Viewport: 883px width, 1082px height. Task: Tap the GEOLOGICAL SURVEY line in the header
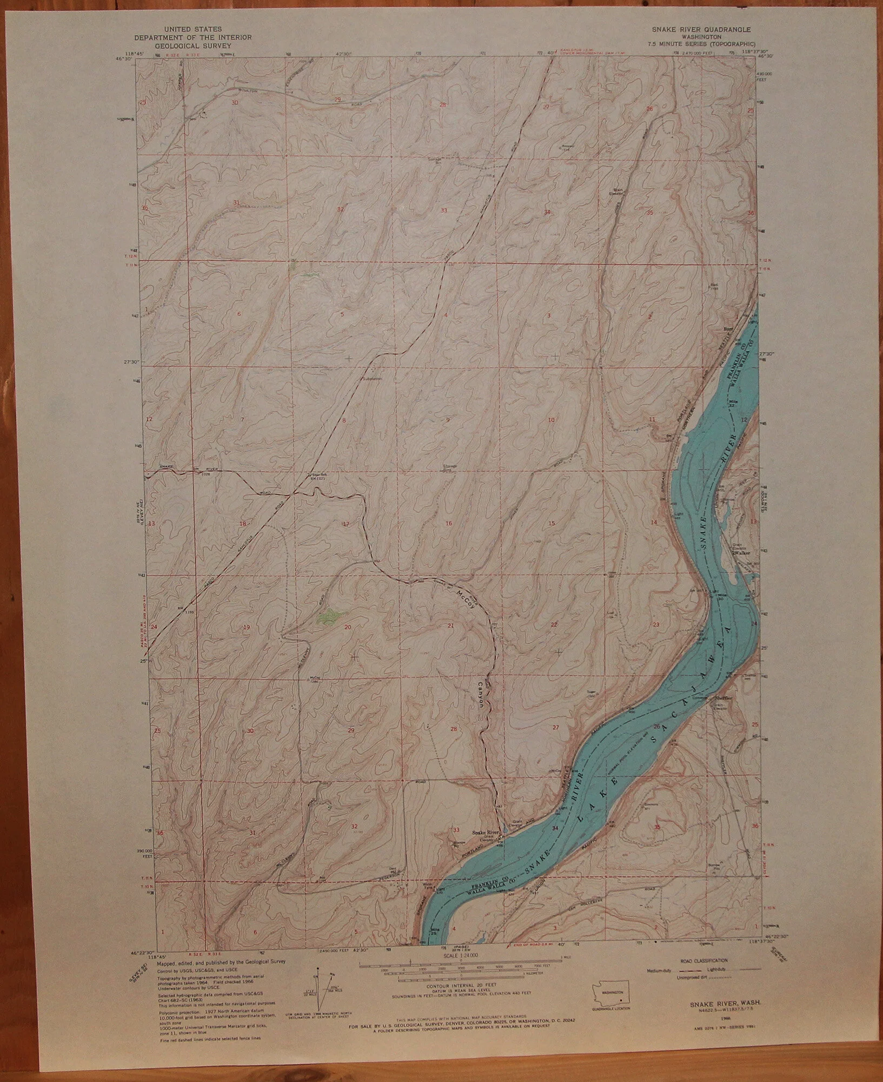coord(193,47)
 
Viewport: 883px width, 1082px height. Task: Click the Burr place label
coord(729,328)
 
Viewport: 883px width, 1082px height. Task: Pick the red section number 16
coord(448,523)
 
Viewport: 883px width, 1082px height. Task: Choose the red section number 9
coord(448,419)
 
